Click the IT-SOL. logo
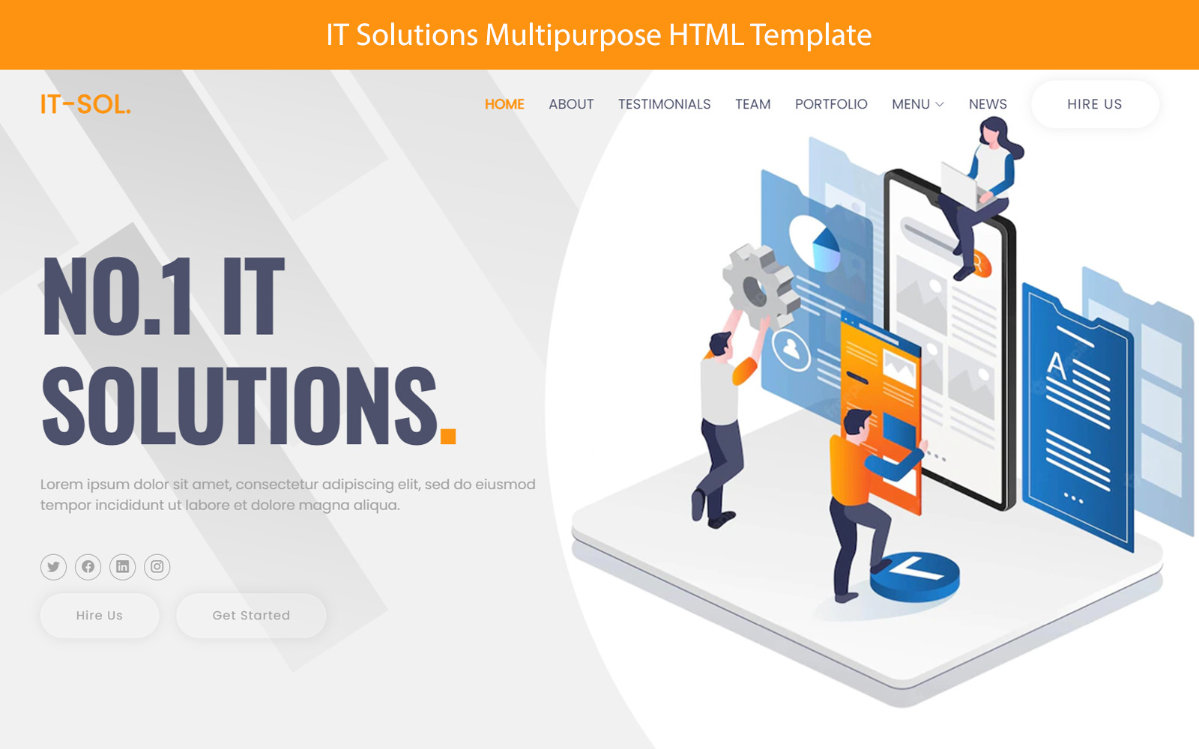[x=85, y=104]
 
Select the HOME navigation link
[x=504, y=104]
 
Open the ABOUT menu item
[x=571, y=104]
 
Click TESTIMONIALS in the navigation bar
[x=664, y=104]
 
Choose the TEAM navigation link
[x=752, y=104]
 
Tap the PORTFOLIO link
[x=831, y=104]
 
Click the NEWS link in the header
[x=988, y=104]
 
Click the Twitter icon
[x=53, y=567]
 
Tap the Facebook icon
[x=88, y=567]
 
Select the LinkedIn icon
[x=122, y=567]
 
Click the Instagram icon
[x=157, y=567]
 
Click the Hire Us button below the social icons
[x=99, y=616]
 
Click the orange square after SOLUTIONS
[x=448, y=436]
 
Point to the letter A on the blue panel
[x=1057, y=366]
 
